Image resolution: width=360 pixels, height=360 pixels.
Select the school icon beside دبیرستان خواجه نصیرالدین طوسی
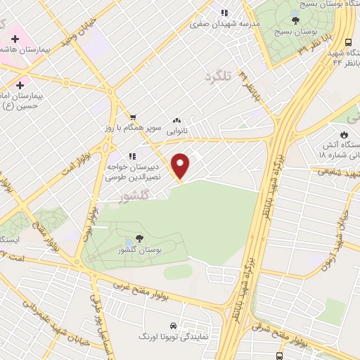(131, 156)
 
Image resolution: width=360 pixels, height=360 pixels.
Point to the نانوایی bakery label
(176, 131)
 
